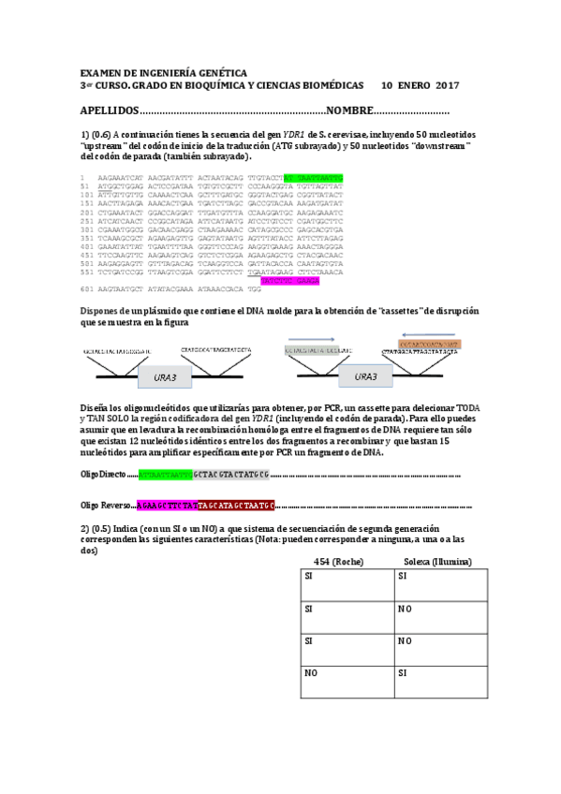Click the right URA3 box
tap(367, 377)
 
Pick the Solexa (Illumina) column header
tap(437, 562)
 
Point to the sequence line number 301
tap(88, 228)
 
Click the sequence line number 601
tap(88, 290)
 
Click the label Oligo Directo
tap(102, 475)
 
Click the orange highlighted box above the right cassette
tap(430, 345)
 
